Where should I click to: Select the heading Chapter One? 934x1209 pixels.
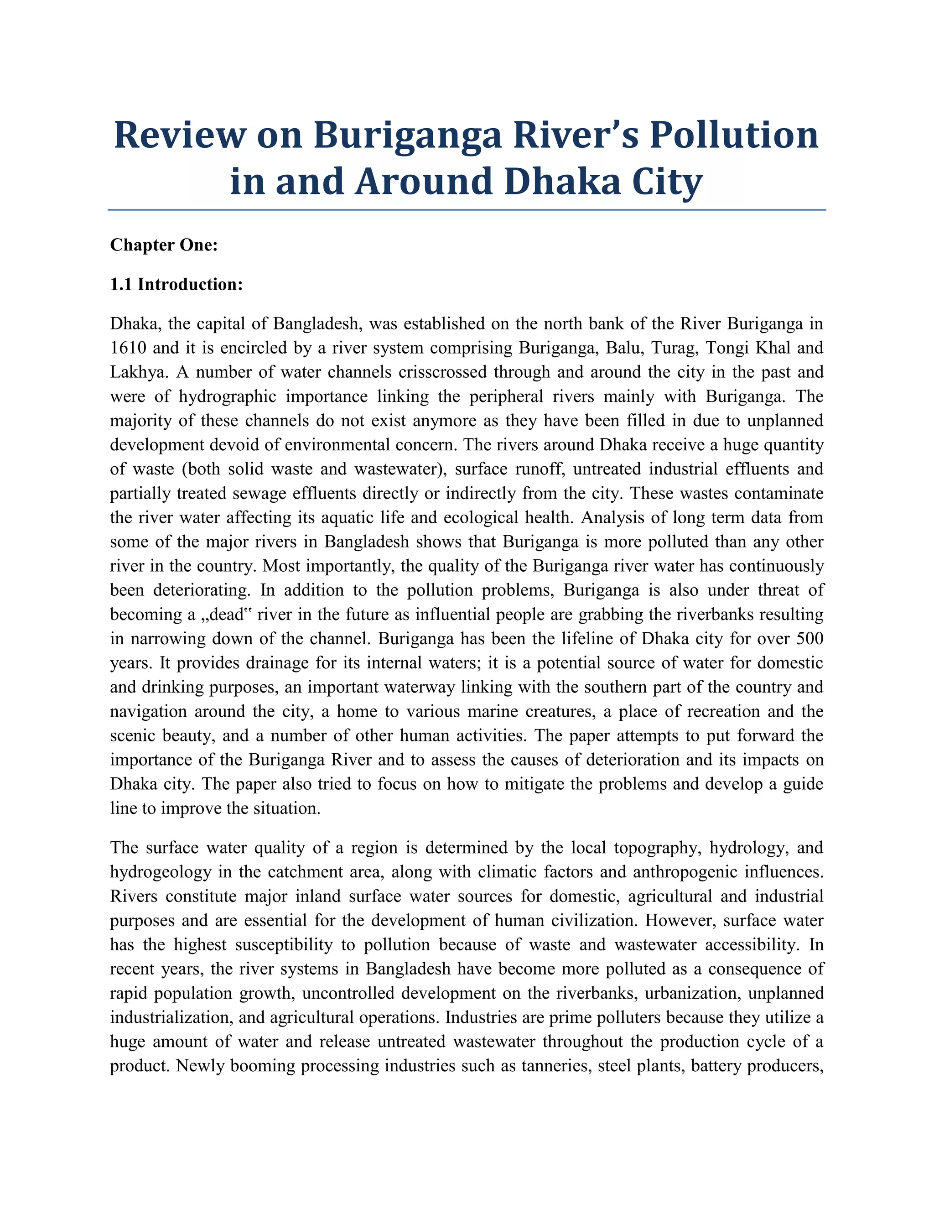(164, 245)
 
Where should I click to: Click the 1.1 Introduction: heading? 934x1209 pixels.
(176, 285)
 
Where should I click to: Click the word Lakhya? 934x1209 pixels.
(140, 372)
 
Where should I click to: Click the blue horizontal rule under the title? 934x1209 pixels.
(467, 210)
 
